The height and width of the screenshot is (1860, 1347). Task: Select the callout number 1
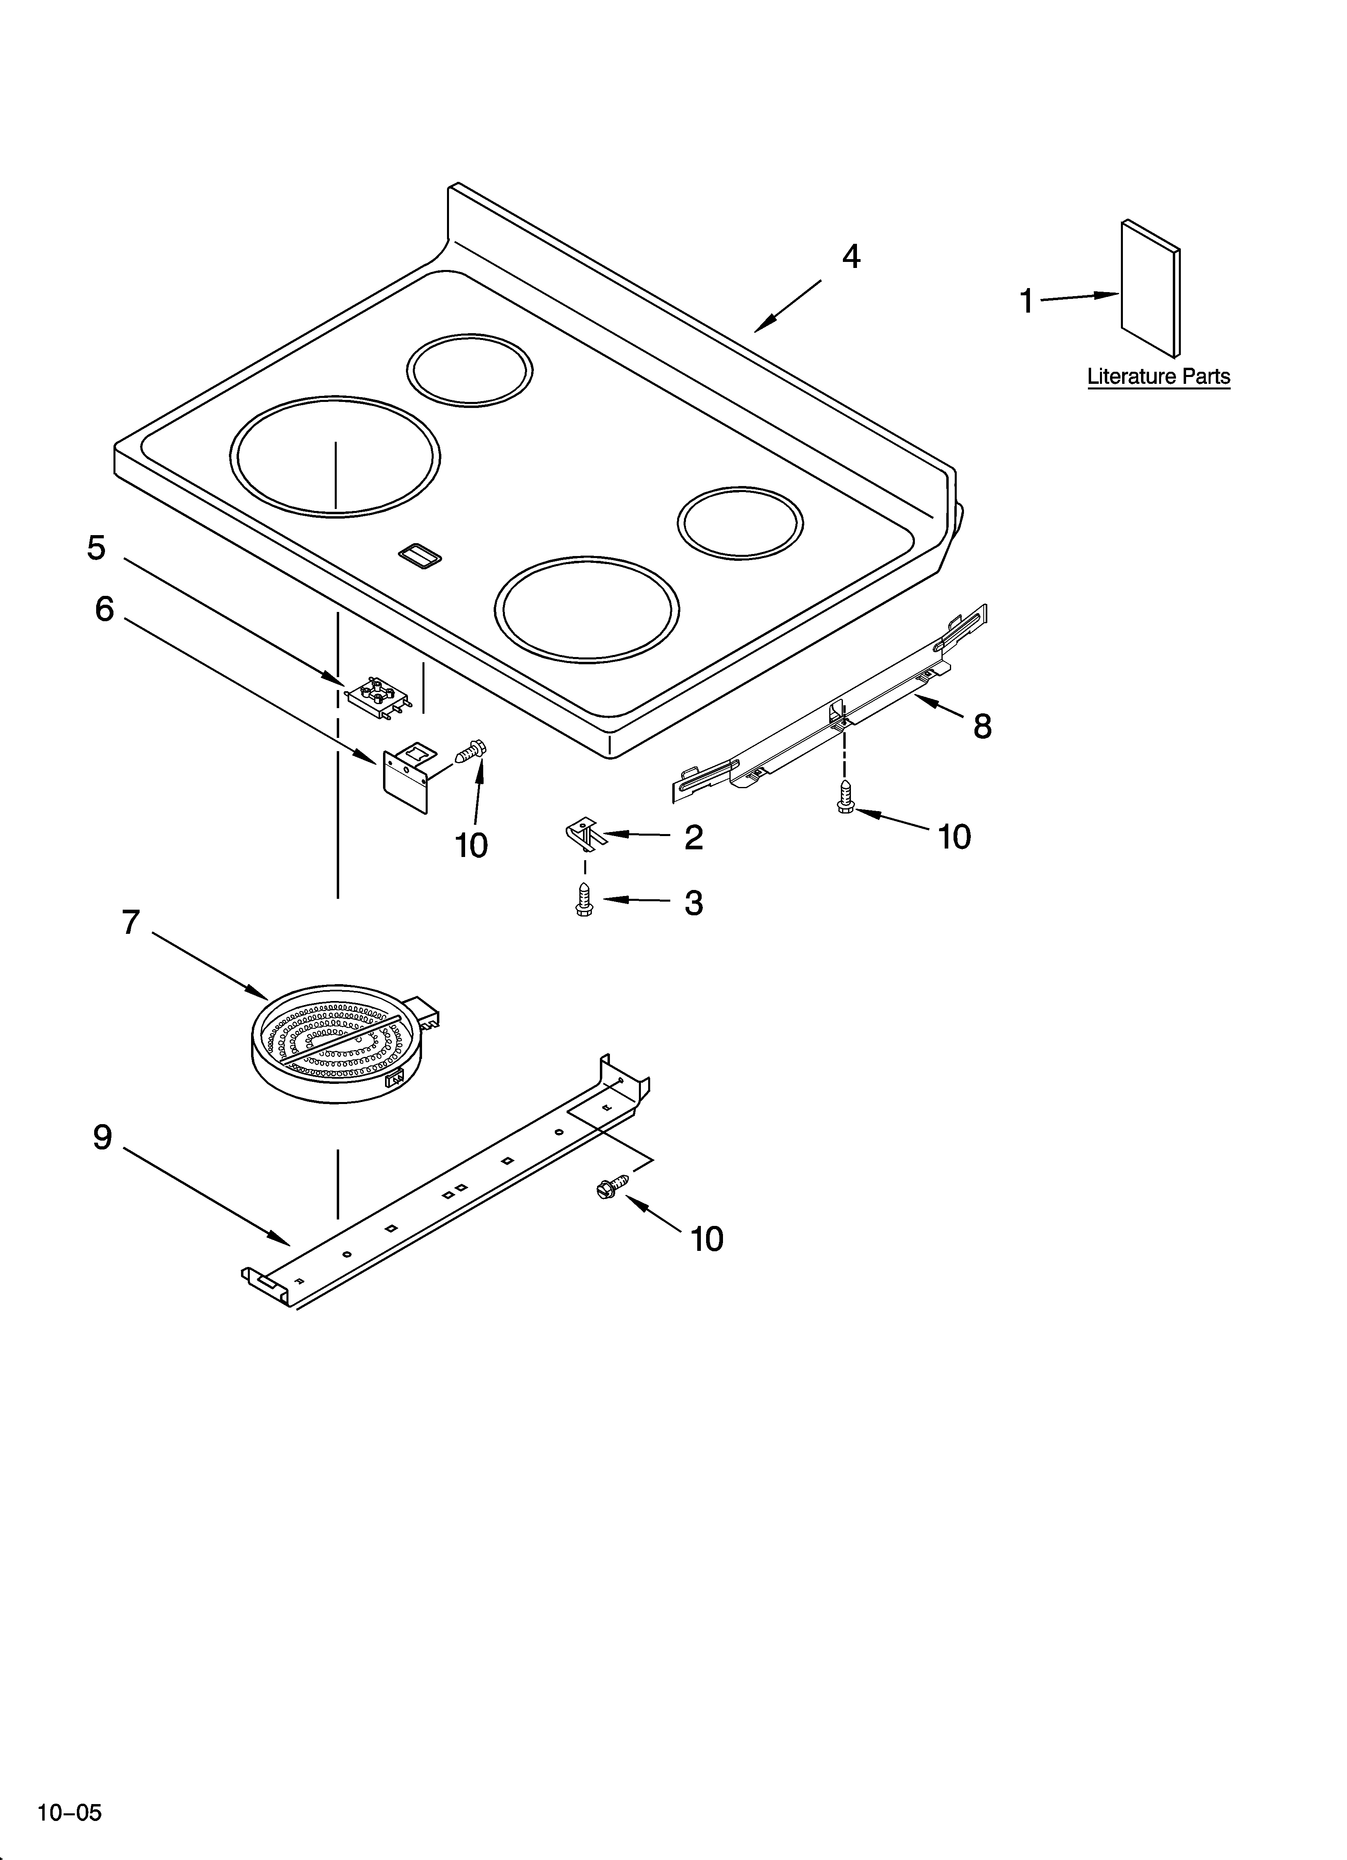point(1026,302)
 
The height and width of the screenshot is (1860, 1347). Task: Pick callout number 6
point(104,610)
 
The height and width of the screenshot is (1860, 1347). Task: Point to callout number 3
point(694,903)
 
